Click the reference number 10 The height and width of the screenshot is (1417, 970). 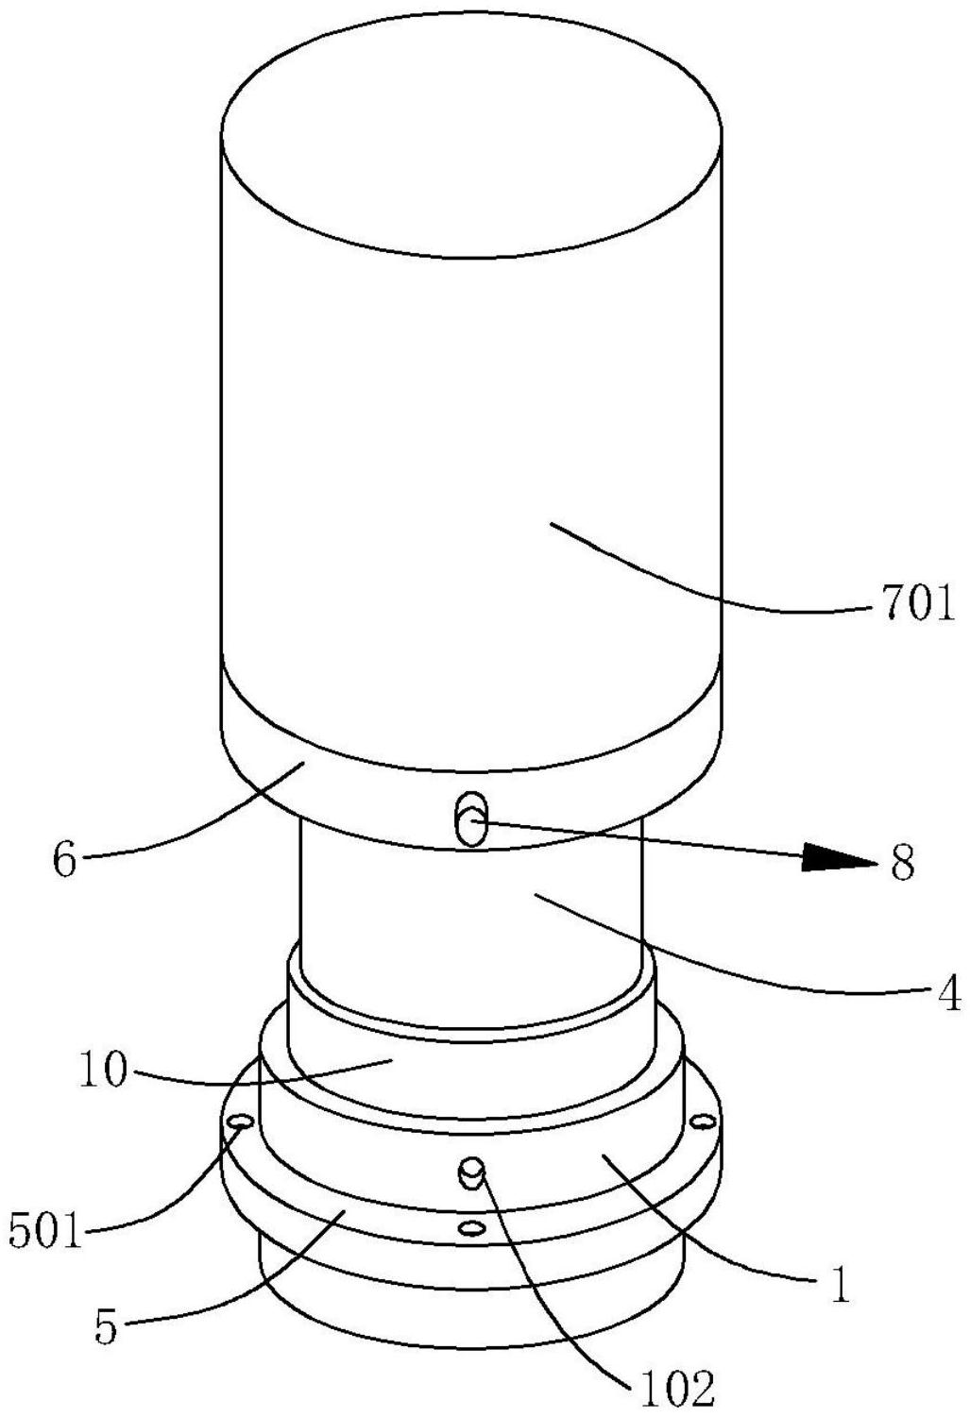coord(104,1073)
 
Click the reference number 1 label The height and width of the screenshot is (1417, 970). coord(839,1286)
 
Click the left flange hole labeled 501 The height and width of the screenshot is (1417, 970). coord(241,1122)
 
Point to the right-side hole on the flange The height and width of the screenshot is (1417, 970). coord(703,1122)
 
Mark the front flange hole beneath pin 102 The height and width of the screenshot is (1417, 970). coord(469,1227)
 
